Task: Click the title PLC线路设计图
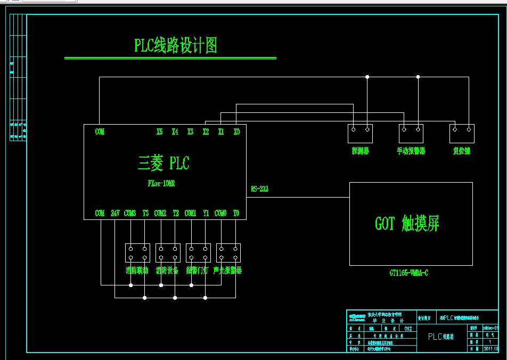click(175, 46)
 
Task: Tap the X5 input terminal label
click(160, 132)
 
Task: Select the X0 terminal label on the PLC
click(236, 132)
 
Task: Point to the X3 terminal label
click(190, 132)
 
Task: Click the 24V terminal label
click(115, 213)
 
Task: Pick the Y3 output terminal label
click(145, 213)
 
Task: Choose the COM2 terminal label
click(160, 213)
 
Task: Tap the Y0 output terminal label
click(236, 213)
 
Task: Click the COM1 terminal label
click(191, 213)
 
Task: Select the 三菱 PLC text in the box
click(163, 163)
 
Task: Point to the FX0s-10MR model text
click(161, 183)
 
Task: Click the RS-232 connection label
click(259, 189)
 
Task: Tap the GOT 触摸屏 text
click(407, 224)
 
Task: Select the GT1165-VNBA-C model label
click(409, 273)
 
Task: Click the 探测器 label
click(361, 151)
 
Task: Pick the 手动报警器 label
click(411, 151)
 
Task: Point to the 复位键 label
click(462, 151)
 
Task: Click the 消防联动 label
click(137, 271)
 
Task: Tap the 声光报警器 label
click(227, 271)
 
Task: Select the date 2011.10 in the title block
click(490, 349)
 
